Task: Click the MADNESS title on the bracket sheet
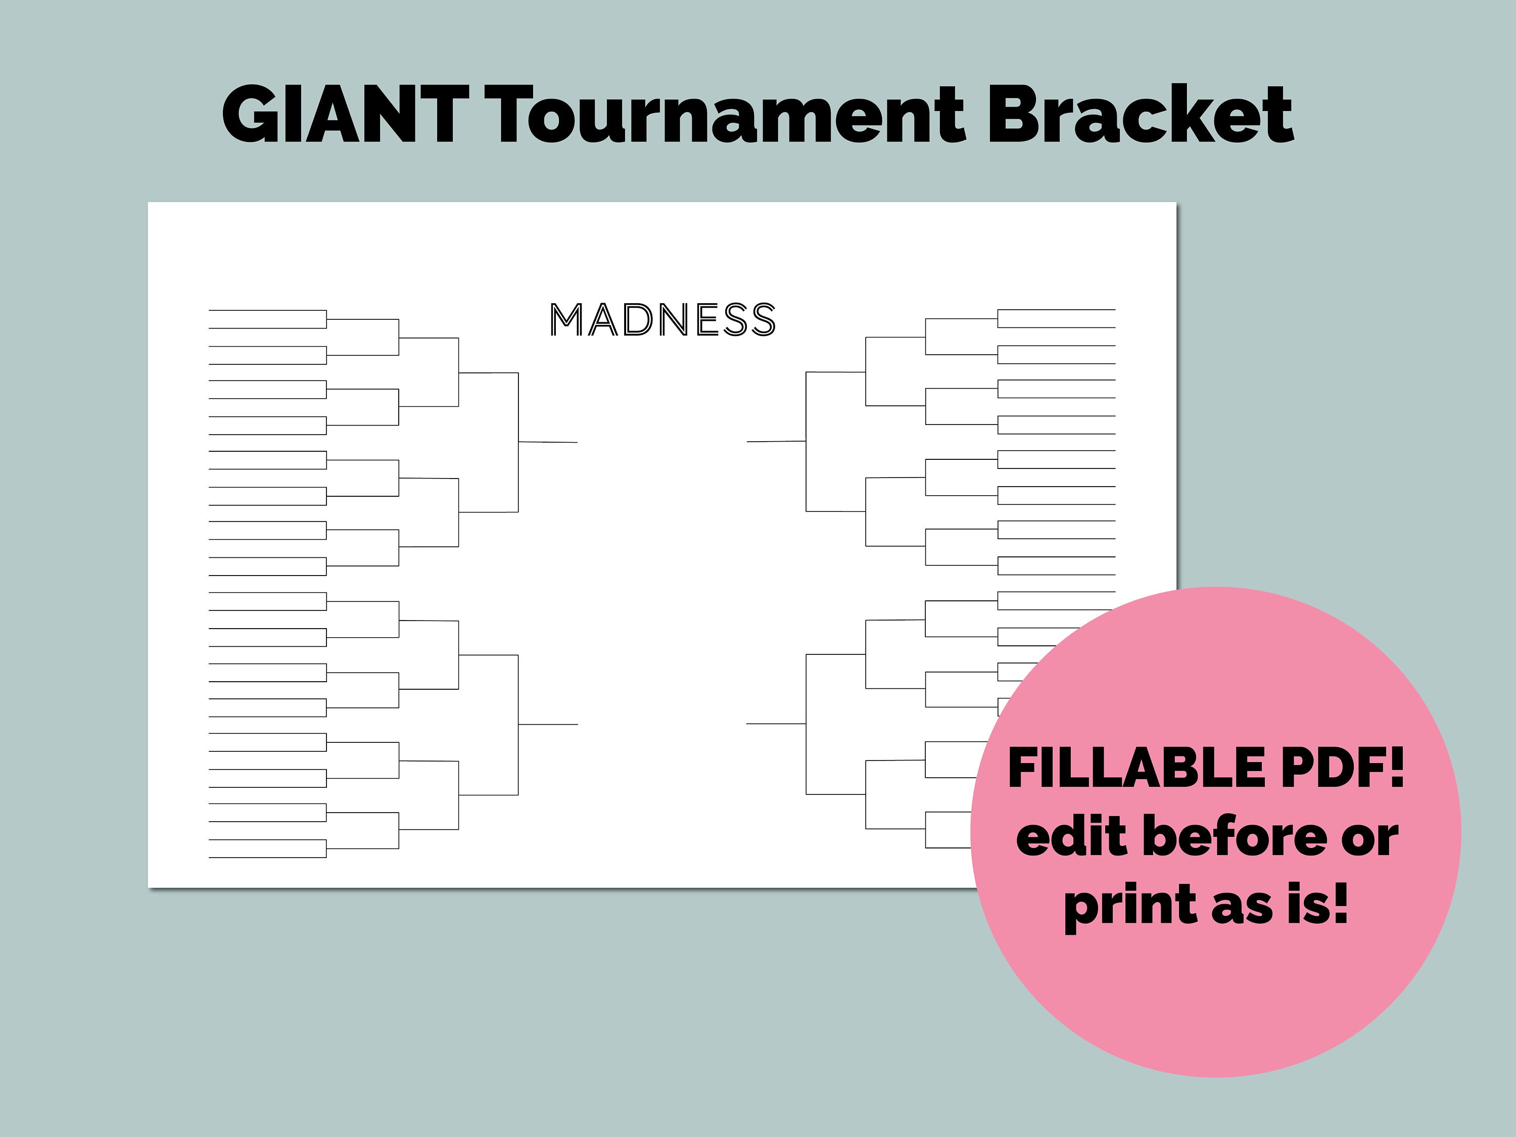662,320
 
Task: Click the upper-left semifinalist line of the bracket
548,442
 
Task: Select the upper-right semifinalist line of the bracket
776,441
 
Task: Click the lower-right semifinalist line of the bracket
776,723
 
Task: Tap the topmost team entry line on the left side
267,310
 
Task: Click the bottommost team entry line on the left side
267,858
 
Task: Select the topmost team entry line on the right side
1056,310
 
